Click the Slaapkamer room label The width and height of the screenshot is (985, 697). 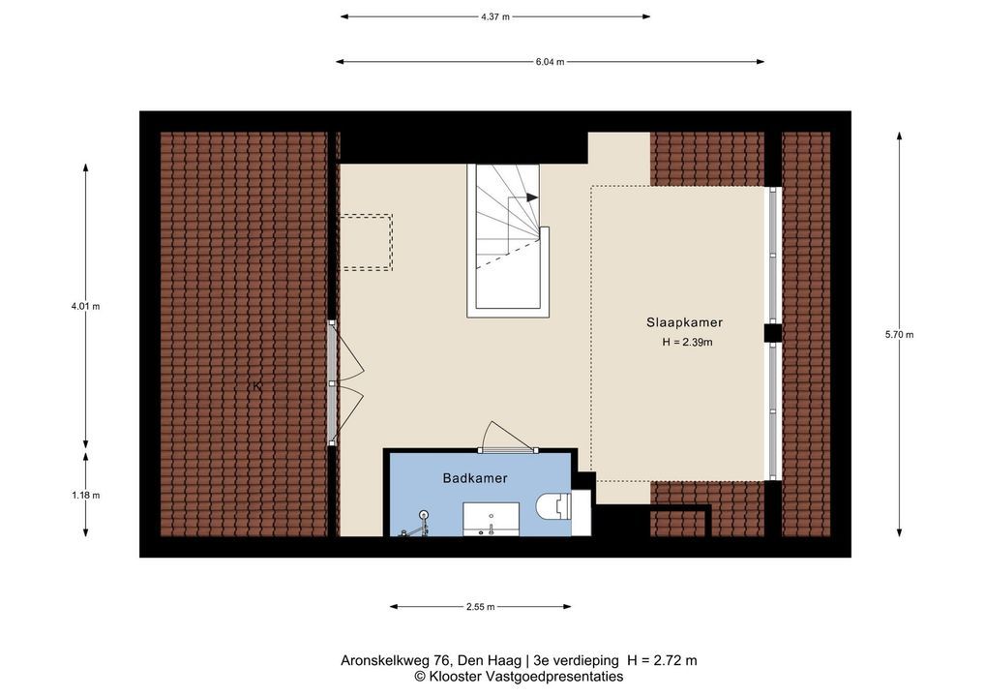[x=684, y=322]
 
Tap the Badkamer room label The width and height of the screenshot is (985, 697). [x=475, y=478]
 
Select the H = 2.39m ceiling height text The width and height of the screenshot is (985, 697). [x=687, y=343]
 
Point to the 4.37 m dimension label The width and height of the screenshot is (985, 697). [x=495, y=17]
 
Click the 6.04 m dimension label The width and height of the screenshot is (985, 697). [x=550, y=62]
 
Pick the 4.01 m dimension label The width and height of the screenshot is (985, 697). [x=85, y=307]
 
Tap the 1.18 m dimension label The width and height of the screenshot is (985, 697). [x=85, y=496]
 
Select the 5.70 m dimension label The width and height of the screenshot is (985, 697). [x=900, y=335]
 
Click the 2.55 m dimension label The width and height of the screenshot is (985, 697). [x=481, y=607]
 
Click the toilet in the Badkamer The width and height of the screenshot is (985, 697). [x=554, y=505]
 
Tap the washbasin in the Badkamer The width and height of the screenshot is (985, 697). [x=491, y=519]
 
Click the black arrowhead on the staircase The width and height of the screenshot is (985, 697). [x=532, y=197]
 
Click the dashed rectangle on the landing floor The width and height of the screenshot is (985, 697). [x=367, y=243]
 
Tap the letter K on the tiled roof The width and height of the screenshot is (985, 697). [x=257, y=386]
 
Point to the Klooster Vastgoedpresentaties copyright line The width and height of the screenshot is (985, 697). [x=519, y=677]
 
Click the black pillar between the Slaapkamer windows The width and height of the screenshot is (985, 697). [x=773, y=332]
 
